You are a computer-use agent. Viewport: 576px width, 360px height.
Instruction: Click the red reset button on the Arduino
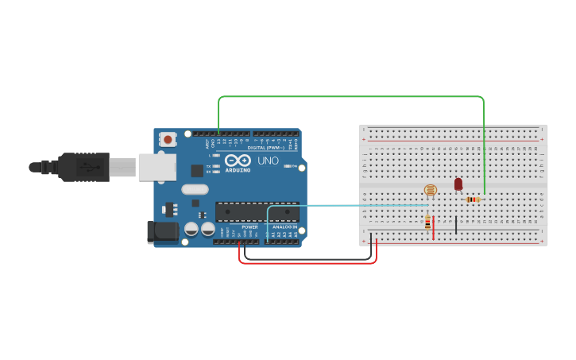(x=168, y=140)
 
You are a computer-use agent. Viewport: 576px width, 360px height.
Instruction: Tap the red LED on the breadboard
(x=458, y=184)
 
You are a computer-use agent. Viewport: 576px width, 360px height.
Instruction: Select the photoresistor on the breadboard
(x=430, y=189)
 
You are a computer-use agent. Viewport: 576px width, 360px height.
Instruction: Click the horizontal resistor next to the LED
(x=474, y=199)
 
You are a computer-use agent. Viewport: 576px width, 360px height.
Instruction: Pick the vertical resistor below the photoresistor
(x=428, y=223)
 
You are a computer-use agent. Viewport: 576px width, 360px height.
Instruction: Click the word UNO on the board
(x=268, y=161)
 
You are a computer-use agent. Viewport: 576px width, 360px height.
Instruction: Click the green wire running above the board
(x=350, y=97)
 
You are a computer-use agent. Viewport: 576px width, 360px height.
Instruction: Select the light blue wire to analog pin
(x=350, y=206)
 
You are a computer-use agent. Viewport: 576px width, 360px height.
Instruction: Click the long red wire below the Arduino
(x=310, y=263)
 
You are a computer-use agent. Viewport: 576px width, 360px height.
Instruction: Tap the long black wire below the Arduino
(x=310, y=258)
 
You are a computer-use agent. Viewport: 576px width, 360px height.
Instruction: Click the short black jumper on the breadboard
(x=456, y=224)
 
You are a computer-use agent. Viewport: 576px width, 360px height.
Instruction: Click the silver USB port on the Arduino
(x=157, y=167)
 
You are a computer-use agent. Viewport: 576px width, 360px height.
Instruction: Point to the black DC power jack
(x=162, y=231)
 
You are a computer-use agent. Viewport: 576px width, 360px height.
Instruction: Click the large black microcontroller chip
(x=257, y=211)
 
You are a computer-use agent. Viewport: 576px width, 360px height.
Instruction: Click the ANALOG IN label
(x=284, y=226)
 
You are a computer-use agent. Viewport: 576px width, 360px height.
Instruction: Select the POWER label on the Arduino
(x=249, y=226)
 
